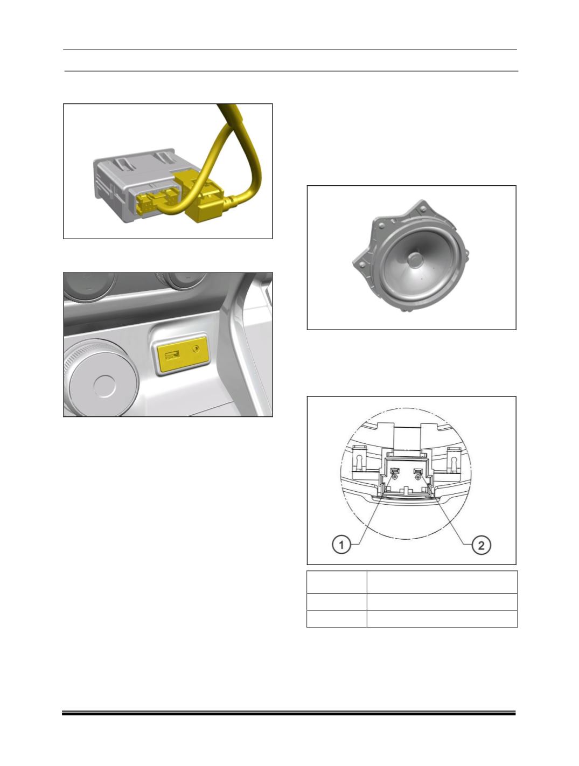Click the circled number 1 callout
341,545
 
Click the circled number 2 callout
481,545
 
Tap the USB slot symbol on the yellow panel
172,356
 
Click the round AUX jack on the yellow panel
196,349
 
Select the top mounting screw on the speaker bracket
423,208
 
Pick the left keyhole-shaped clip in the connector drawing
360,461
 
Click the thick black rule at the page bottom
289,714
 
